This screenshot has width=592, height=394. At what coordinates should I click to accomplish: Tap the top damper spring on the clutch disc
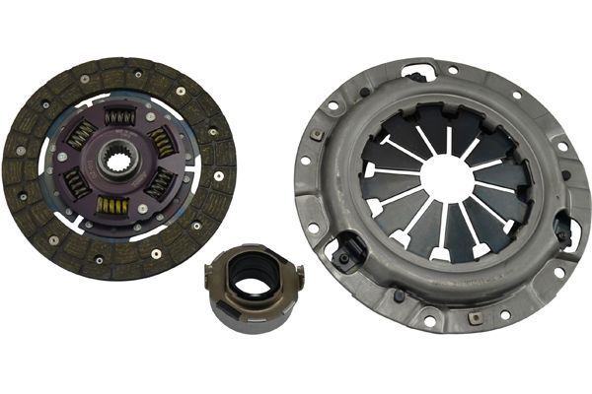120,117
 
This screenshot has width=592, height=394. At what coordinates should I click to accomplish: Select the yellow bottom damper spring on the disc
113,205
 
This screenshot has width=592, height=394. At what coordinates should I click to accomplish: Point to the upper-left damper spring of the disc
81,134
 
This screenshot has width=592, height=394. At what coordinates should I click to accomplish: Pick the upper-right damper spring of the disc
160,141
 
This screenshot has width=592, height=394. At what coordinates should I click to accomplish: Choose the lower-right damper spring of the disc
158,183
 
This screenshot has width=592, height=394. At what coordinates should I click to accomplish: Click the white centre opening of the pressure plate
446,178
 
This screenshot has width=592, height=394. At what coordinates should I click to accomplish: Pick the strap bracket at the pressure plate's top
417,73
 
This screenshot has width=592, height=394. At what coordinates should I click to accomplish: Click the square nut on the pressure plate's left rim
317,135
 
